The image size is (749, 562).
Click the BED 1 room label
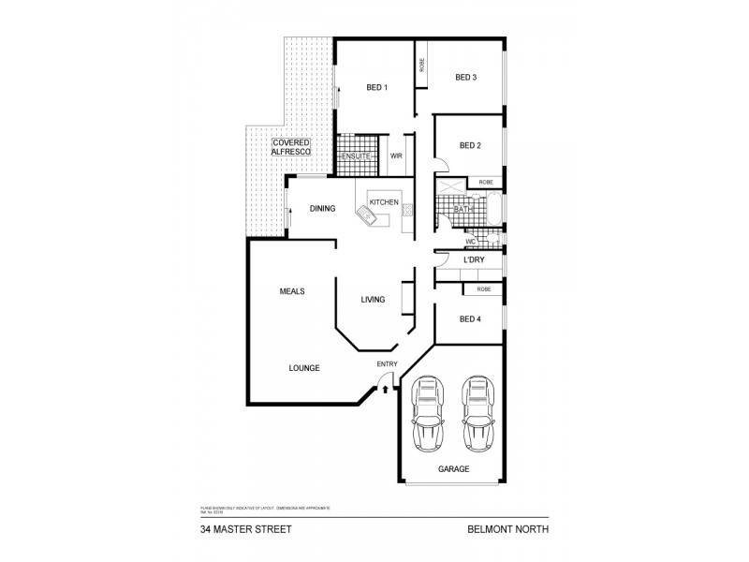pyautogui.click(x=376, y=87)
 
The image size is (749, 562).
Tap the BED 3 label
pyautogui.click(x=466, y=77)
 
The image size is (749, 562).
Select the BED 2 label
pyautogui.click(x=470, y=145)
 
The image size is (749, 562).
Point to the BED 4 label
pyautogui.click(x=470, y=319)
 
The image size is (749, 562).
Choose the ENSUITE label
pyautogui.click(x=356, y=155)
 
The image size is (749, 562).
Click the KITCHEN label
pyautogui.click(x=384, y=202)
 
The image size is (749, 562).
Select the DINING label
pyautogui.click(x=323, y=209)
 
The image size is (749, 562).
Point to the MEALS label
pyautogui.click(x=292, y=291)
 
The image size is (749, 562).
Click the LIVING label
pyautogui.click(x=374, y=300)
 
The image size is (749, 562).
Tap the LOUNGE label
pyautogui.click(x=304, y=368)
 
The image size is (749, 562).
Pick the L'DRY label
pyautogui.click(x=474, y=259)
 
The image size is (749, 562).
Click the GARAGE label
pyautogui.click(x=453, y=468)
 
